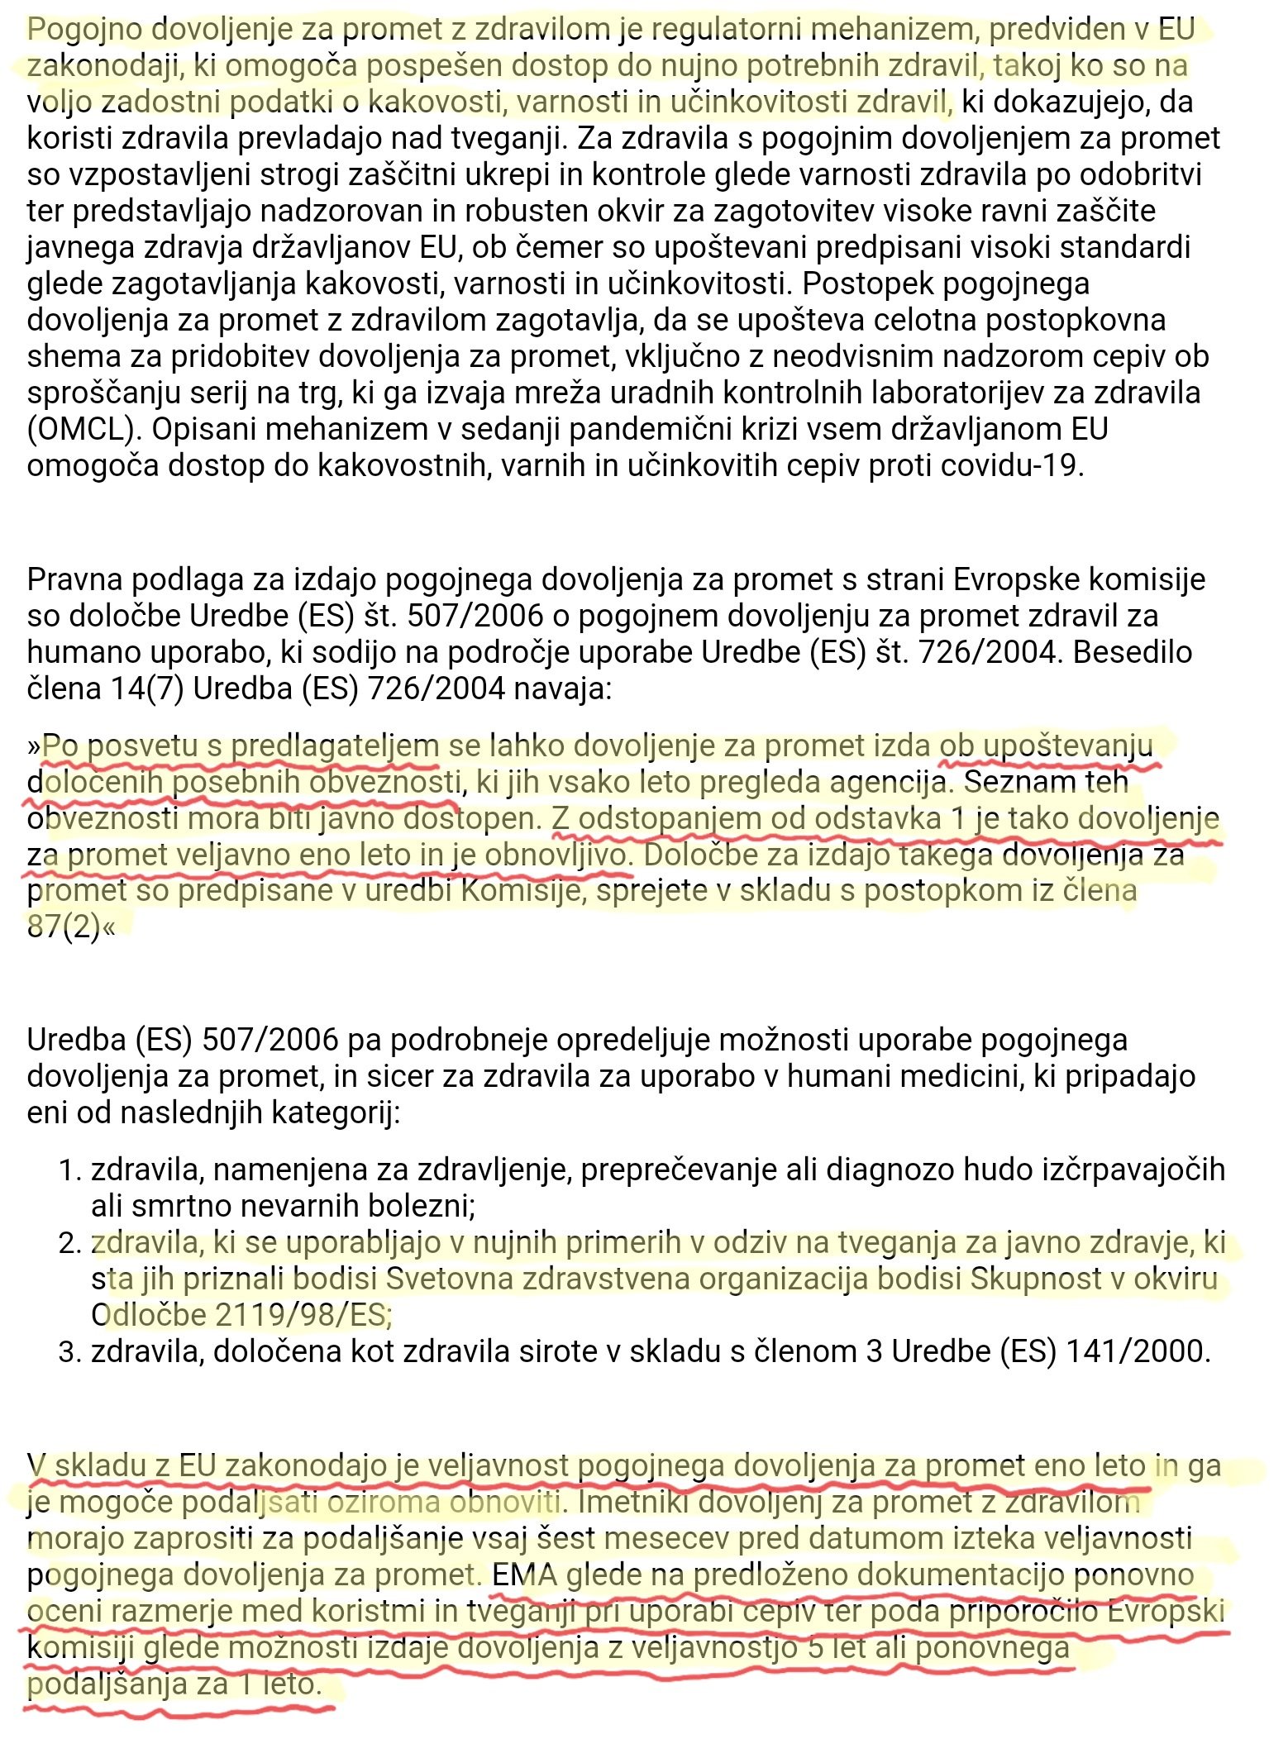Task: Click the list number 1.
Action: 69,1170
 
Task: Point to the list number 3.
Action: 69,1352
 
